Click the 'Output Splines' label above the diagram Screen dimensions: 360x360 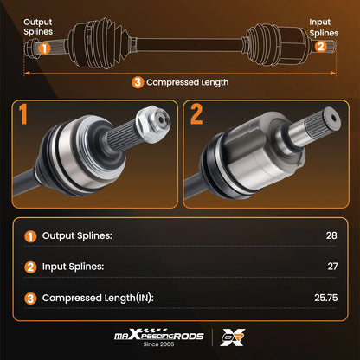coord(38,27)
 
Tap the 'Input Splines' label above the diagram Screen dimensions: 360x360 coord(324,28)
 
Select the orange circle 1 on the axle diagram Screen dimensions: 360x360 coord(44,48)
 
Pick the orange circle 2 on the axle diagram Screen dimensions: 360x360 coord(320,46)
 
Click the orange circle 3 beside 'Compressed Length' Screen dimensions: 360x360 coord(138,82)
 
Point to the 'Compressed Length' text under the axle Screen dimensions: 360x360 coord(188,82)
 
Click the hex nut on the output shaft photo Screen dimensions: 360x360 coord(153,124)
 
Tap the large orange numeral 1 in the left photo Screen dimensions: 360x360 coord(22,114)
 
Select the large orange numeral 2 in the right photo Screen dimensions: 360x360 coord(196,114)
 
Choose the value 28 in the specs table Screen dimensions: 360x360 coord(331,235)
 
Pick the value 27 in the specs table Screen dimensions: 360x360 coord(332,266)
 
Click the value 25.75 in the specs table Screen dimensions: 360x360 coord(326,298)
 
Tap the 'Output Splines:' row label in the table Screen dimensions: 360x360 coord(77,236)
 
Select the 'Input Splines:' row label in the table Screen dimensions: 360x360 coord(73,267)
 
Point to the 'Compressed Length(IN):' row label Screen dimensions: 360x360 coord(98,298)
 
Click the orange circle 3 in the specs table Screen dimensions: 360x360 coord(30,299)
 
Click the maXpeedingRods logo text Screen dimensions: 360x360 coord(159,335)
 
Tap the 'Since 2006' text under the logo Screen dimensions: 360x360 coord(158,344)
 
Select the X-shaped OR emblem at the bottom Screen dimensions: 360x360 coord(233,337)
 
